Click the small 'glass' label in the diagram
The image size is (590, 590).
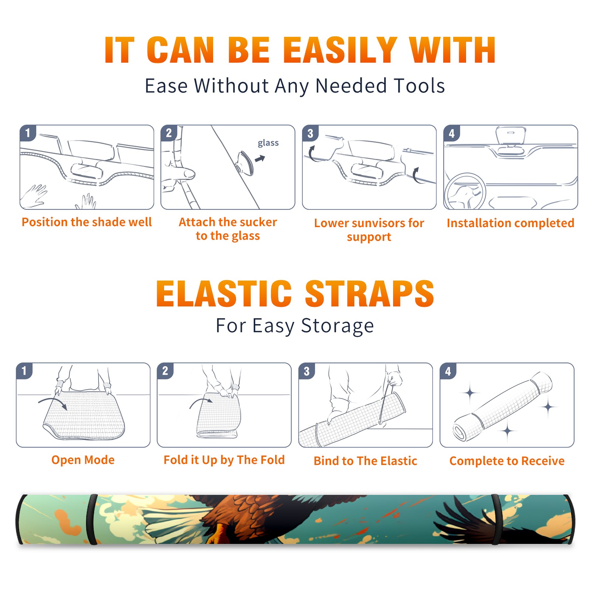[268, 143]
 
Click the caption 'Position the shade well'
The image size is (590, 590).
[87, 222]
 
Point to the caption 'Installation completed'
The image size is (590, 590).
[510, 223]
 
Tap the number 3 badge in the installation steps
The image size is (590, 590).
[310, 133]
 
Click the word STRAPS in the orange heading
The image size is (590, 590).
[369, 294]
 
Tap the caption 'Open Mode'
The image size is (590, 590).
[83, 460]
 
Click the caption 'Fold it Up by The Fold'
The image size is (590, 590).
[224, 460]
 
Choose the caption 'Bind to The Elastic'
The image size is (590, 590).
[365, 461]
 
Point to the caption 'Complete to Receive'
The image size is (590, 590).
[507, 461]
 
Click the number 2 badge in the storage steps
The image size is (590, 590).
[165, 371]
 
